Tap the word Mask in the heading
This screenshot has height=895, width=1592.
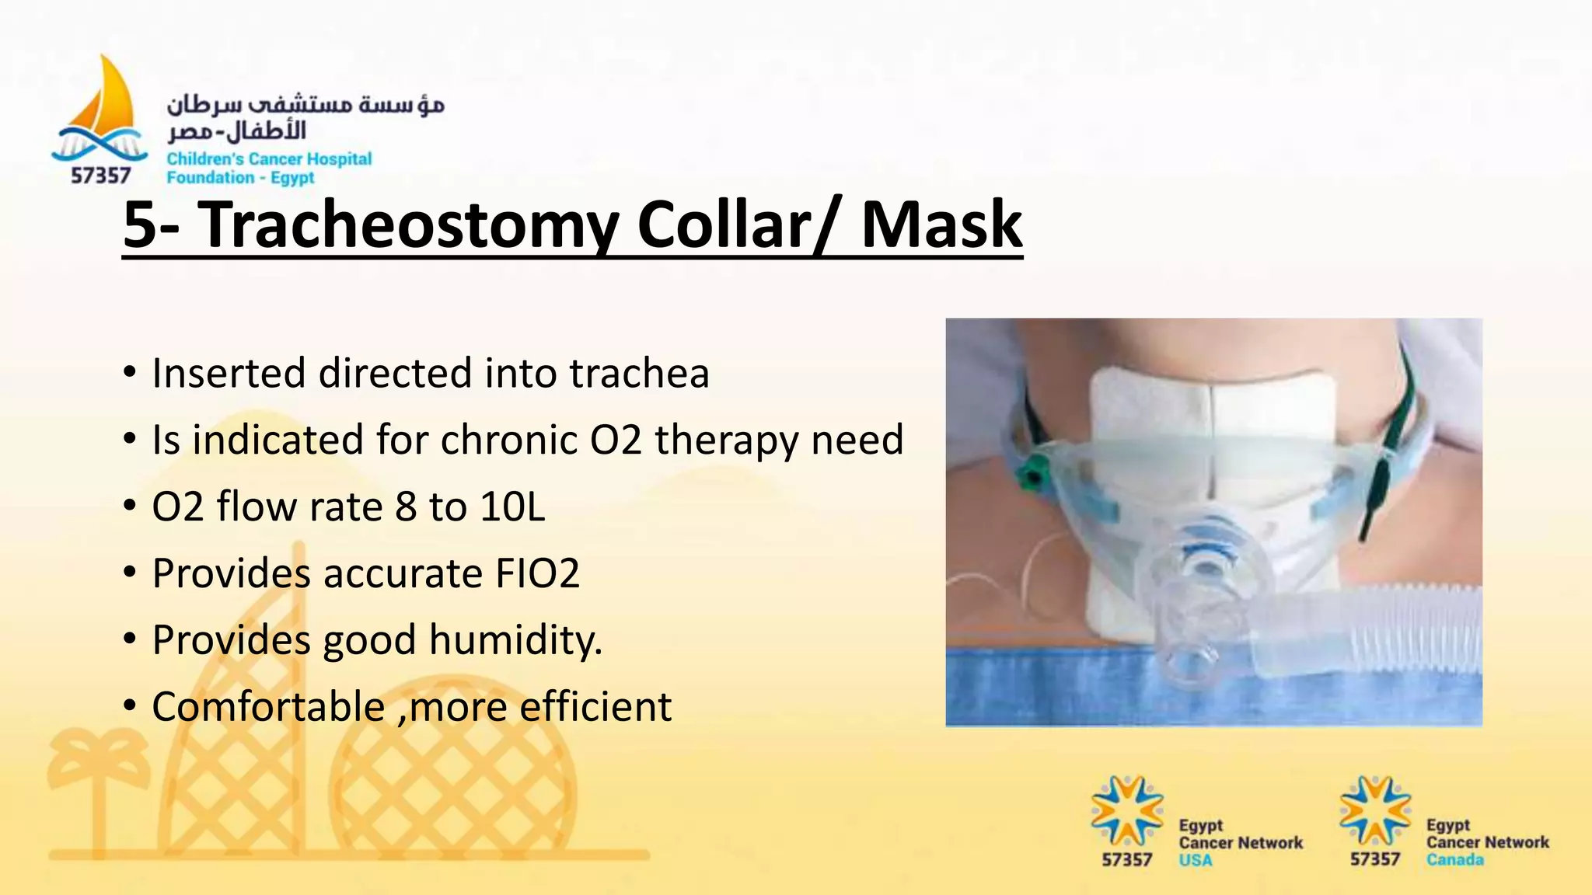[941, 225]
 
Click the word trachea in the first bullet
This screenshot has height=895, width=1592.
[639, 374]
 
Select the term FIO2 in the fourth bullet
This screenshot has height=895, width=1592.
[537, 574]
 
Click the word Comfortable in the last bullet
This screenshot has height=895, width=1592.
[268, 708]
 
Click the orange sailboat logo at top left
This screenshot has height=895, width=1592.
[105, 101]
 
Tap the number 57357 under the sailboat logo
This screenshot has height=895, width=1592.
[100, 176]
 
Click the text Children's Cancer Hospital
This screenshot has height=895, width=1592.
[269, 159]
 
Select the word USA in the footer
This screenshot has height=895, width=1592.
[1195, 860]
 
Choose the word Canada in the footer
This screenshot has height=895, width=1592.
[1454, 860]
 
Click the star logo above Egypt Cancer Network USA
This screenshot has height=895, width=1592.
[1126, 811]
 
